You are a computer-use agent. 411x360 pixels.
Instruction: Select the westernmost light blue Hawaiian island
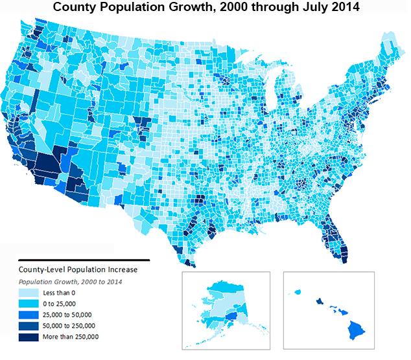click(299, 293)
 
